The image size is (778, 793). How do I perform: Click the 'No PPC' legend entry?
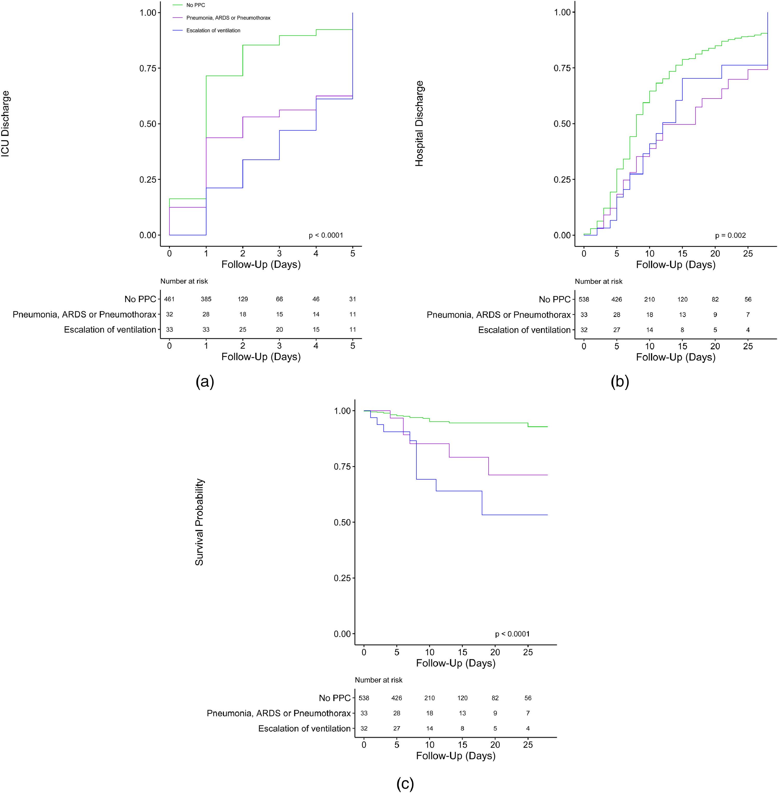(x=195, y=5)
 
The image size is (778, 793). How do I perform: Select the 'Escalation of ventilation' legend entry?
(x=213, y=31)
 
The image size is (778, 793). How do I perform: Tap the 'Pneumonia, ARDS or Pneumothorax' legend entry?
(x=228, y=18)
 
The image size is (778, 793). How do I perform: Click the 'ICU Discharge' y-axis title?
(x=5, y=124)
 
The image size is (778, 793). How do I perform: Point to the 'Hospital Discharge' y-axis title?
(x=420, y=124)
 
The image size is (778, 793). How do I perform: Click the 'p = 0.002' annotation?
(x=730, y=235)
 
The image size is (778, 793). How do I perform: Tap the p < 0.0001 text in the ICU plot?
(x=326, y=235)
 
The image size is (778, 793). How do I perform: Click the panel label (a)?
(x=205, y=381)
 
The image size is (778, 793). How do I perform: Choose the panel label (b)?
(x=620, y=381)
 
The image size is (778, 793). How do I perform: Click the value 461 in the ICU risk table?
(x=169, y=299)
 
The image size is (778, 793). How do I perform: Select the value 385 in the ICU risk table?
(x=206, y=299)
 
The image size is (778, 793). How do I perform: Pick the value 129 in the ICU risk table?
(x=243, y=299)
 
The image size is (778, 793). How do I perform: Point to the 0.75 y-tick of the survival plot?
(x=342, y=467)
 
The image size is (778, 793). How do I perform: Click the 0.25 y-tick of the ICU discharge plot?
(x=148, y=179)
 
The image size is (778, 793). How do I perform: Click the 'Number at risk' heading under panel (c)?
(x=378, y=680)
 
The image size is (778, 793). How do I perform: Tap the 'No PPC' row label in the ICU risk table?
(x=140, y=299)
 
